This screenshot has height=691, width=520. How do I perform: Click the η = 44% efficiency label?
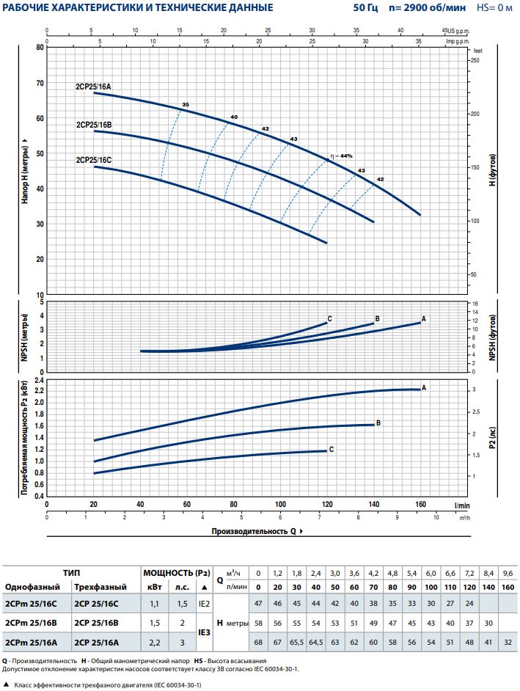pos(341,156)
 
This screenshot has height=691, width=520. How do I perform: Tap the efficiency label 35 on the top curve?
pos(185,106)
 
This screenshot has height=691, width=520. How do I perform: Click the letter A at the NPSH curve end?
pos(424,320)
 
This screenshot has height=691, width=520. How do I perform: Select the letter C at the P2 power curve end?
pos(332,449)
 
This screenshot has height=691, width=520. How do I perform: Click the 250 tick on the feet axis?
pos(475,60)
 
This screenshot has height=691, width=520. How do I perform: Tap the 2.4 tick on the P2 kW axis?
pos(39,381)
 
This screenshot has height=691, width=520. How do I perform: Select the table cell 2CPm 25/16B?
pos(29,622)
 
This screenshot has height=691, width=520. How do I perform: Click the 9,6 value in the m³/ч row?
pos(508,572)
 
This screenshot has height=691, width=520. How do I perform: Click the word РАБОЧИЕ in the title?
pos(29,7)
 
